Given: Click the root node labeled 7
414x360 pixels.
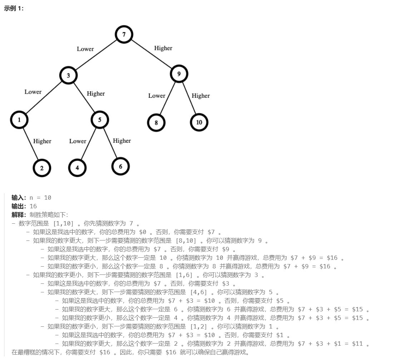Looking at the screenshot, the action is [124, 35].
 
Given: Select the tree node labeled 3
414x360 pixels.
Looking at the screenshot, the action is [69, 76].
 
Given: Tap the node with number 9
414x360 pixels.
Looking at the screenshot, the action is [179, 74].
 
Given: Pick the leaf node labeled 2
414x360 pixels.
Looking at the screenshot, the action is [42, 168].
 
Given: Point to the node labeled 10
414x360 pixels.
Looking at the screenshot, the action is [199, 122].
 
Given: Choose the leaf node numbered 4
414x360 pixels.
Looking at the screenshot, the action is [78, 168].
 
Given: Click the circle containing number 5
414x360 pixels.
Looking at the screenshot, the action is [100, 120].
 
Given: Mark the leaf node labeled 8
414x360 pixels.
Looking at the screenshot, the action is [156, 123].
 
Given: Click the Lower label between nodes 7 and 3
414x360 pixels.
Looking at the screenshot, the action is [85, 49].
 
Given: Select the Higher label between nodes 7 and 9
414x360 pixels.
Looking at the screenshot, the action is [163, 48].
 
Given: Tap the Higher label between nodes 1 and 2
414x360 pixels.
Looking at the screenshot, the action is [42, 141].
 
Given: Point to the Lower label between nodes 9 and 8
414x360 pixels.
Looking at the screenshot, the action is [157, 96].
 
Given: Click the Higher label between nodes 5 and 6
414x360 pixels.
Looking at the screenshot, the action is [122, 141].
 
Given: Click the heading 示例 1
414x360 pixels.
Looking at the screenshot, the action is [14, 9].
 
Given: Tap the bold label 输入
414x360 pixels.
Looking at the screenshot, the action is [19, 198].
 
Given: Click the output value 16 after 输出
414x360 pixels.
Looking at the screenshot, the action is [33, 206].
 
